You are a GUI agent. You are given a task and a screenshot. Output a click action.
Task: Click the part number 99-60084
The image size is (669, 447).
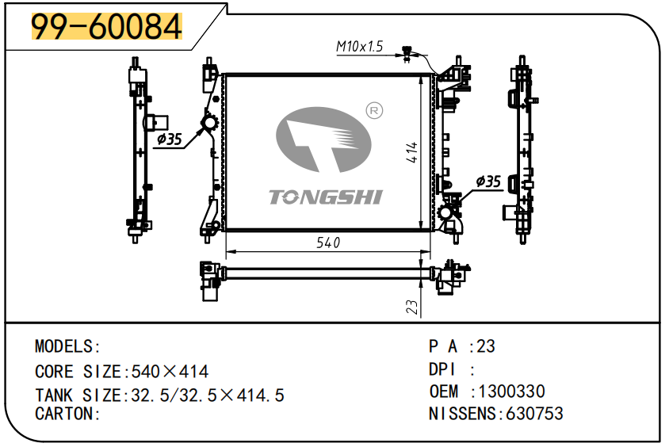tap(106, 27)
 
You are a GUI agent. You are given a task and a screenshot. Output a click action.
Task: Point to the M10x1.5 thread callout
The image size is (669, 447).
tap(359, 47)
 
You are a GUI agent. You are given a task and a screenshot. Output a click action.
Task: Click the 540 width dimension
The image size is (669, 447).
tap(327, 243)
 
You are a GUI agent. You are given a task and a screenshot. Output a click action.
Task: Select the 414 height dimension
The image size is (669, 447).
tap(412, 152)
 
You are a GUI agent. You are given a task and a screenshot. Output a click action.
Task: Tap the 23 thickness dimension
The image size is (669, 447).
tap(411, 307)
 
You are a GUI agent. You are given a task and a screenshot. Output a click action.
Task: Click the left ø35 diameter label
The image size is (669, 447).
tap(169, 139)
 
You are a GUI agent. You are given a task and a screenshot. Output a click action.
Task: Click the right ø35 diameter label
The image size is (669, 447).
tap(488, 181)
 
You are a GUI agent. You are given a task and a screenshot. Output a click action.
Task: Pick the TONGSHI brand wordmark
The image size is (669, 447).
tap(326, 197)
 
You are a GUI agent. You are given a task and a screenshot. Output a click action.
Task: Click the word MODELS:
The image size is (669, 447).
tap(67, 346)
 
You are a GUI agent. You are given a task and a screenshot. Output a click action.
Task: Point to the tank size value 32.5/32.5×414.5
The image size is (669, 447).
tap(204, 395)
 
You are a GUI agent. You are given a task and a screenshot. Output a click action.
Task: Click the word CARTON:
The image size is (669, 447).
tap(67, 413)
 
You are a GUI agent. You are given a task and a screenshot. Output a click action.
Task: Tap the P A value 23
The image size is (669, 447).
tap(486, 346)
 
